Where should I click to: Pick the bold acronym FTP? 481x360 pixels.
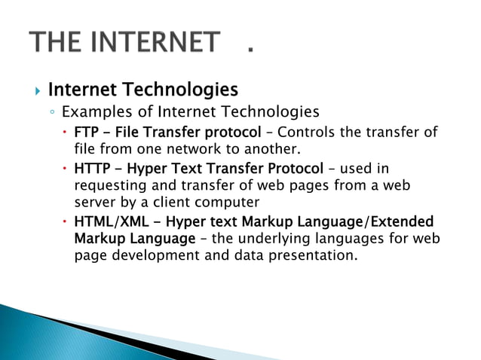[86, 133]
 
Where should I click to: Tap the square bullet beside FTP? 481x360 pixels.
[66, 133]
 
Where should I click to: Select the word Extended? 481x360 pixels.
[403, 222]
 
